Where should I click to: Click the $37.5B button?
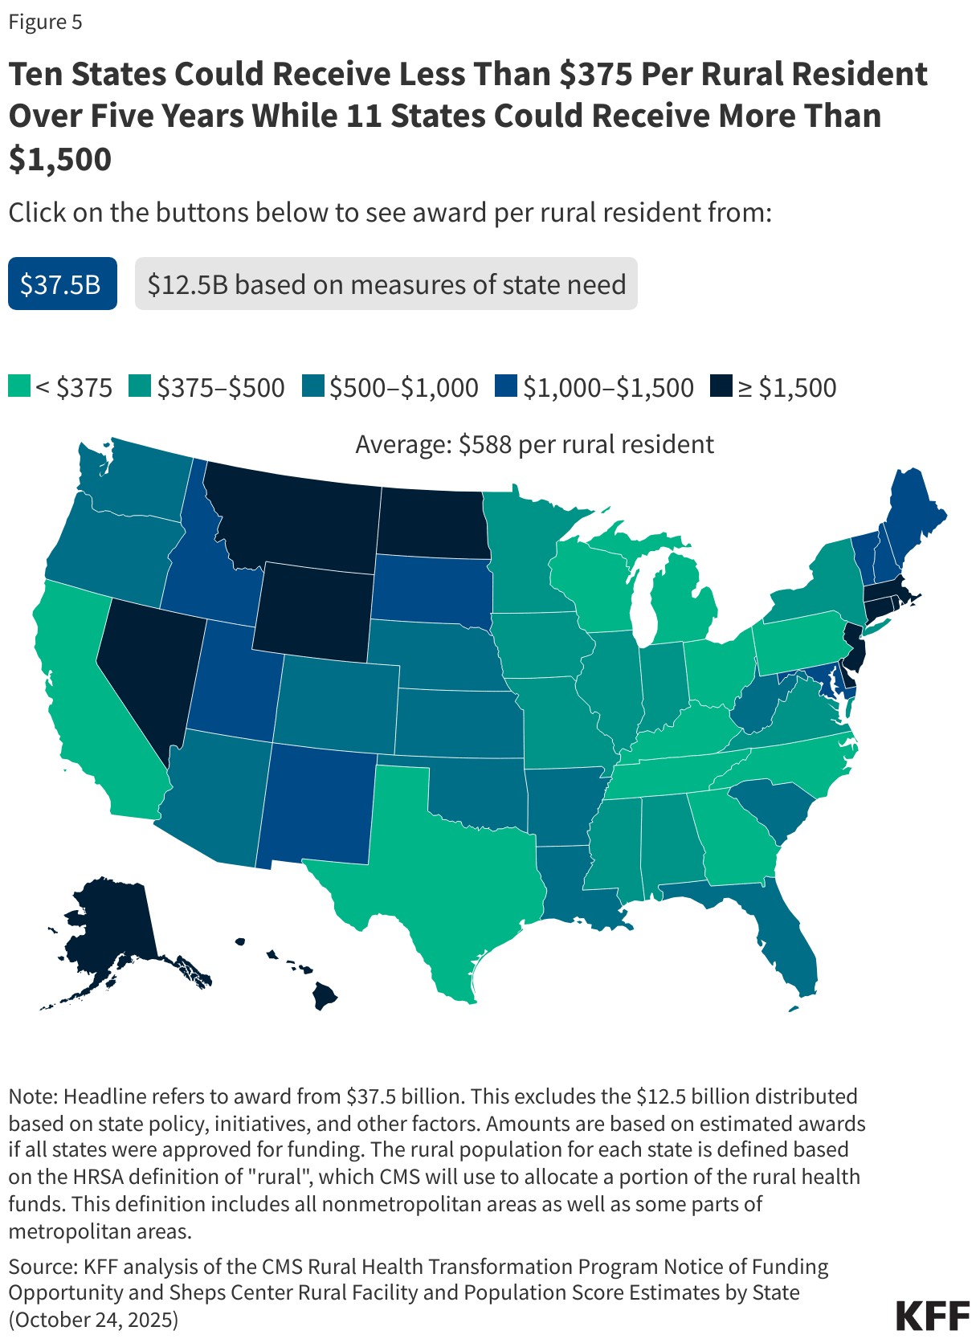tap(62, 284)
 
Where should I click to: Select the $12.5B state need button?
tap(386, 284)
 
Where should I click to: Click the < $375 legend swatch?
tap(19, 386)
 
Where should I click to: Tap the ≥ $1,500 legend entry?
tap(774, 387)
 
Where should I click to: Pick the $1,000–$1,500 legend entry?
tap(594, 387)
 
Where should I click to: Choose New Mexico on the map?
tap(317, 803)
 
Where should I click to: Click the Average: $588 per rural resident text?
tap(534, 444)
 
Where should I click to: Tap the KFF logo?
tap(932, 1315)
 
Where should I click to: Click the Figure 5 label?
tap(45, 22)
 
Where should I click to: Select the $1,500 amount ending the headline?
tap(60, 159)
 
